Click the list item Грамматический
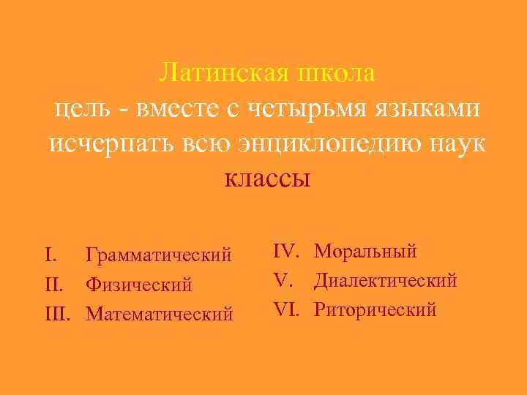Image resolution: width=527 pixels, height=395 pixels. (159, 255)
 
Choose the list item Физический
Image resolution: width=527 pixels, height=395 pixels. (138, 284)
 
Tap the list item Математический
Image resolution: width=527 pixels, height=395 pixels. (160, 313)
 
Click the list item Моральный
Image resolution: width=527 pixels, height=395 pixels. (365, 252)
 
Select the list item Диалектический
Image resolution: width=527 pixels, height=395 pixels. (386, 280)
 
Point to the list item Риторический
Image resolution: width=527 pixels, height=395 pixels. (375, 309)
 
